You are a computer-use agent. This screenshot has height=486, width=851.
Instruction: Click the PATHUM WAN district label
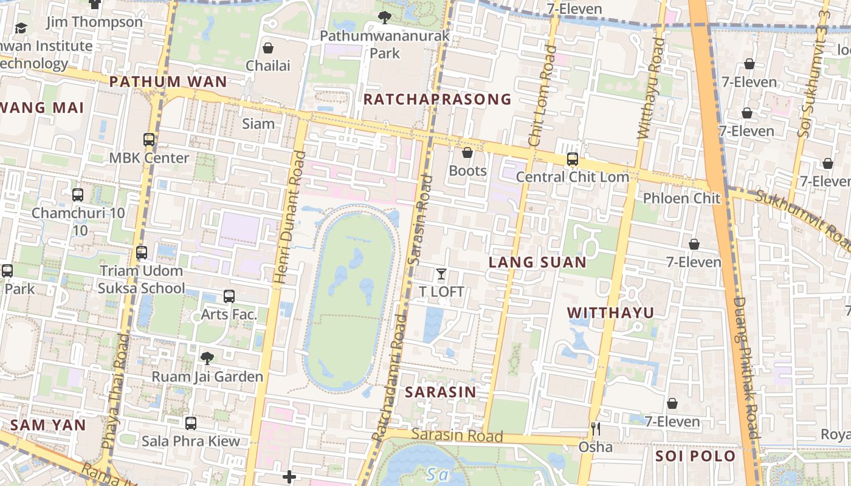[168, 81]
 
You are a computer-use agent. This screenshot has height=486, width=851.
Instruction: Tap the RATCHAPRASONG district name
[437, 99]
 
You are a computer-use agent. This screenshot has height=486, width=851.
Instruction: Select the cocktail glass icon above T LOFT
[441, 274]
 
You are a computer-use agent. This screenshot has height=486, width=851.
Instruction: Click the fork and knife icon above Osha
[596, 429]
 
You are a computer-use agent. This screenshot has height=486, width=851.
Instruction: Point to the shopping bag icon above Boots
[467, 152]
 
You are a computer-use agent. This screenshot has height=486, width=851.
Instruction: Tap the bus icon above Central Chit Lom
[572, 159]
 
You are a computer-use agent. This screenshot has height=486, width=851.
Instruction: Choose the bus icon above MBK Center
[149, 140]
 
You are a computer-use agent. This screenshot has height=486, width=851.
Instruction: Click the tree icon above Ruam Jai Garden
[207, 358]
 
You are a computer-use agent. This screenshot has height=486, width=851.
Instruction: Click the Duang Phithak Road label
[746, 368]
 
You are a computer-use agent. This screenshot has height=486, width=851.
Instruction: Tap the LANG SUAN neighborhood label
[538, 262]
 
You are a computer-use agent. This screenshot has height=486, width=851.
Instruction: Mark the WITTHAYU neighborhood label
[610, 312]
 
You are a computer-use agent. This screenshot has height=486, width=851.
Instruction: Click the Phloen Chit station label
[681, 198]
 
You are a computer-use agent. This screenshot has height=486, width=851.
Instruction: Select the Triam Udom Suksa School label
[142, 279]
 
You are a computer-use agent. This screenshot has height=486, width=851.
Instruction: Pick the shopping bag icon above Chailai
[268, 48]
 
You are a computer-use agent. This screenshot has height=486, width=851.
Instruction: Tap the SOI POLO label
[695, 456]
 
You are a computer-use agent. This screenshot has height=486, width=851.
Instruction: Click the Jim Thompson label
[95, 22]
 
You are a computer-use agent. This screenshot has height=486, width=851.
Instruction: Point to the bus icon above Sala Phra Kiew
[191, 423]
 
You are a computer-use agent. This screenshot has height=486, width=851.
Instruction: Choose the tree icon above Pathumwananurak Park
[384, 18]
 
